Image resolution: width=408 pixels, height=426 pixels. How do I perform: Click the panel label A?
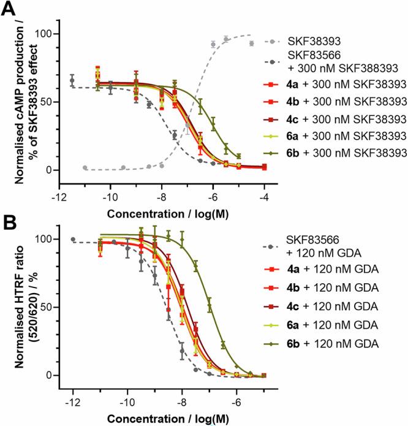10,10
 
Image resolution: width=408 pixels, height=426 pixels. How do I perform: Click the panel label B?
10,222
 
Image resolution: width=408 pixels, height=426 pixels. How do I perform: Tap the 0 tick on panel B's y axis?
60,375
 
